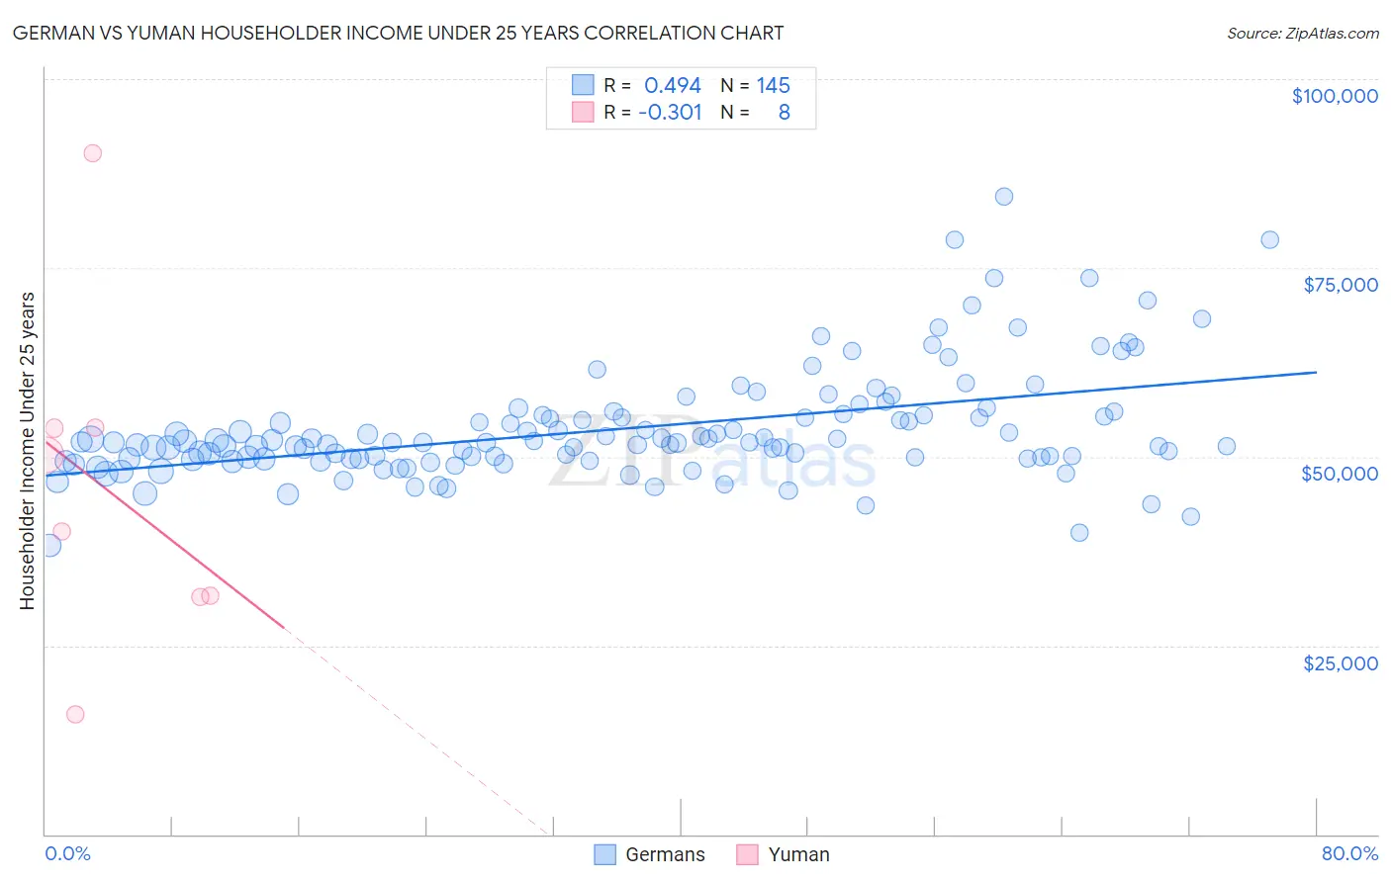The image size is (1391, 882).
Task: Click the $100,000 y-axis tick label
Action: click(1335, 96)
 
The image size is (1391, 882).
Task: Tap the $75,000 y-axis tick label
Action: click(1340, 285)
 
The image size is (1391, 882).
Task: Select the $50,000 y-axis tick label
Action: click(1339, 474)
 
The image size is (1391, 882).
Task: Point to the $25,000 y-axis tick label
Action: click(1340, 662)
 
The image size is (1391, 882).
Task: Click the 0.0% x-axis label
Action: click(67, 853)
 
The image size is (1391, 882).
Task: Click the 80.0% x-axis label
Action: click(1349, 853)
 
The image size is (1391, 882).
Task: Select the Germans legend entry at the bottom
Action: click(650, 854)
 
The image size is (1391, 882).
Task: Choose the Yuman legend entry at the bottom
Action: click(783, 854)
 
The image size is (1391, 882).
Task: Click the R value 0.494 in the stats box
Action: click(672, 86)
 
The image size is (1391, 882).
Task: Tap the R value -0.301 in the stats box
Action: click(670, 113)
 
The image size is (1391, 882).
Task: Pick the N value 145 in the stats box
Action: click(773, 86)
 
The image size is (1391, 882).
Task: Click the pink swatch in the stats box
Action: click(583, 113)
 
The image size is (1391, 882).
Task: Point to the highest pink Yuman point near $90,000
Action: click(92, 153)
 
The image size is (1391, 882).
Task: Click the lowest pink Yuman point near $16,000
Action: click(75, 714)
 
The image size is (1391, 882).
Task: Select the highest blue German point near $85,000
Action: click(1003, 197)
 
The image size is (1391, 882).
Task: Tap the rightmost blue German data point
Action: click(1269, 240)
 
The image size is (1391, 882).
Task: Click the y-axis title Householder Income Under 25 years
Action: click(28, 450)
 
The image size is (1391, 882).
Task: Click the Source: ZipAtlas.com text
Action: click(1302, 34)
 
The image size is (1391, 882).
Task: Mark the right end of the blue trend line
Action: click(1316, 373)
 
